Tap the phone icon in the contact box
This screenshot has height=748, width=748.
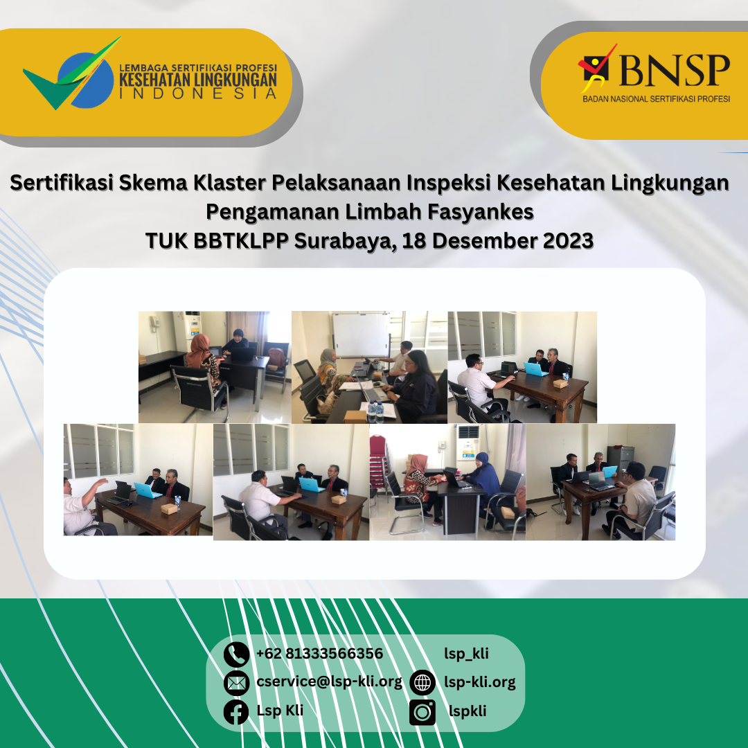(236, 654)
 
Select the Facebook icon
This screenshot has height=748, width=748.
(236, 711)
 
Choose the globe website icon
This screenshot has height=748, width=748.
(422, 683)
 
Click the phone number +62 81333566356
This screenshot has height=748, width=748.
(319, 654)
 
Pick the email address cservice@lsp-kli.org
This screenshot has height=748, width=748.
(329, 682)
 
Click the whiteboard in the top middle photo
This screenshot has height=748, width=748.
(361, 334)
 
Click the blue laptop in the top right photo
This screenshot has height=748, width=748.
(535, 368)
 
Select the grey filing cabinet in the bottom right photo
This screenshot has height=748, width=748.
(625, 457)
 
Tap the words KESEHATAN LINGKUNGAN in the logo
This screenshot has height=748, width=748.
(198, 80)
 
